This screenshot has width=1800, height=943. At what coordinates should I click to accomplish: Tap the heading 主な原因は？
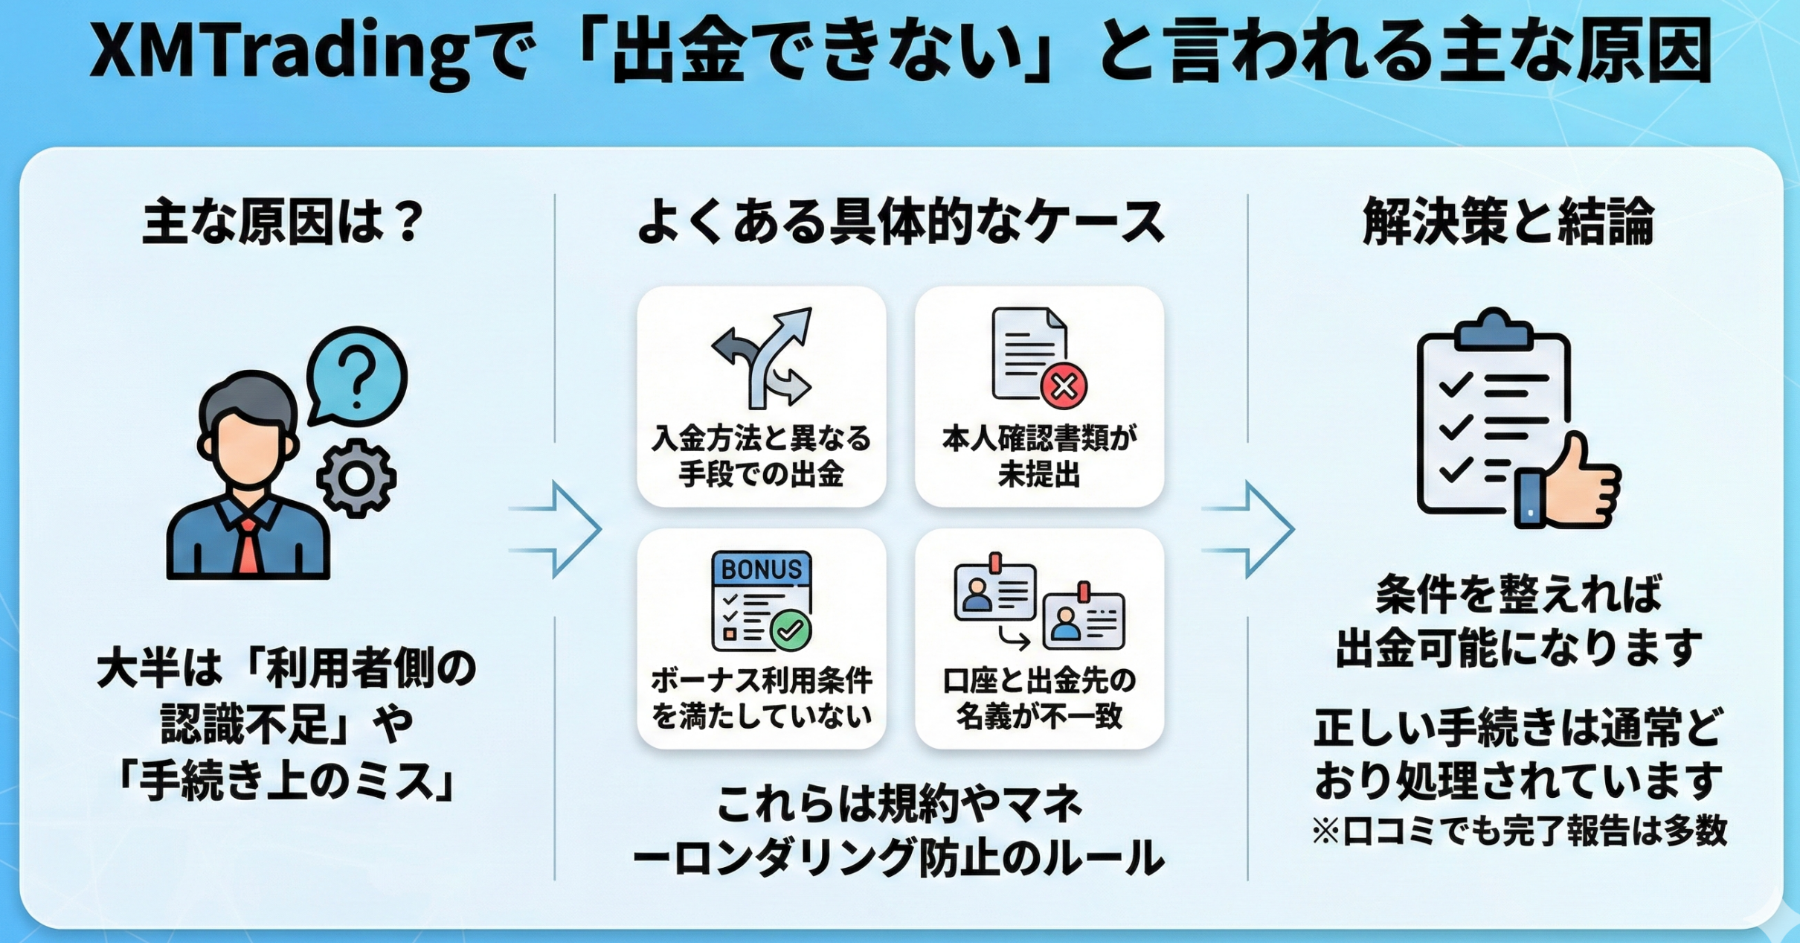point(283,222)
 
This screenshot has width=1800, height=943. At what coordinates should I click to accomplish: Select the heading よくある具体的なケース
point(901,222)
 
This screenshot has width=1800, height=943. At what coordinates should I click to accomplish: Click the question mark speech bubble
point(357,376)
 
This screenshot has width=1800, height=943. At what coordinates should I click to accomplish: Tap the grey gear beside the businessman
point(356,479)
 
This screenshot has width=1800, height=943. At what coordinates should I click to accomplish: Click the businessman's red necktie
point(248,547)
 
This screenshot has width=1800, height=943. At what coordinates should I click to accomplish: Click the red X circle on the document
point(1064,386)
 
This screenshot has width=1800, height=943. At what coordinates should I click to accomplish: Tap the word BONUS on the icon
point(762,569)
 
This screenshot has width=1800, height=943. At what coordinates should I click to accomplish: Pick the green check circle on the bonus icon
point(791,630)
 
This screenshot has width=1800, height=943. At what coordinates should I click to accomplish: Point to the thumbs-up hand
point(1581,484)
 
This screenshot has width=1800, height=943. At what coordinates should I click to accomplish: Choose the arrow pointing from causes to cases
point(556,529)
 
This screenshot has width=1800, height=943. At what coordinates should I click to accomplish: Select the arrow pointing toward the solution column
point(1250,529)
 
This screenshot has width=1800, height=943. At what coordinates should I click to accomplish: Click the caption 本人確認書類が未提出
point(1040,456)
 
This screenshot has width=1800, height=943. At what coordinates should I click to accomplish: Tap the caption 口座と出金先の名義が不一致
point(1040,698)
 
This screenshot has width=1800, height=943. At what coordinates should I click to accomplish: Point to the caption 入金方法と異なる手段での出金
point(762,456)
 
